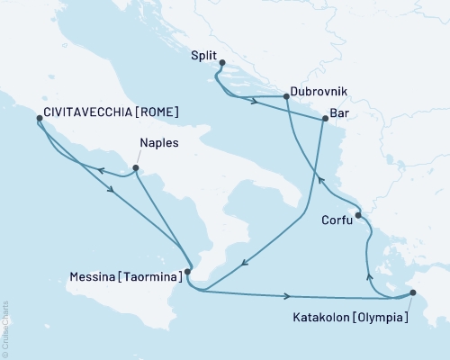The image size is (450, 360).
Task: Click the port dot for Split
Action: [222, 62]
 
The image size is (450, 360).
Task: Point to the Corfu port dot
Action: [357, 215]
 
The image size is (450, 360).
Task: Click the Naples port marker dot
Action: [135, 167]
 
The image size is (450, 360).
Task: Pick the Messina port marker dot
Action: [187, 271]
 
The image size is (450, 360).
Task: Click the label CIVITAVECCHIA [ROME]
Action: [110, 114]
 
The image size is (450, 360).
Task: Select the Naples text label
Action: [159, 142]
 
